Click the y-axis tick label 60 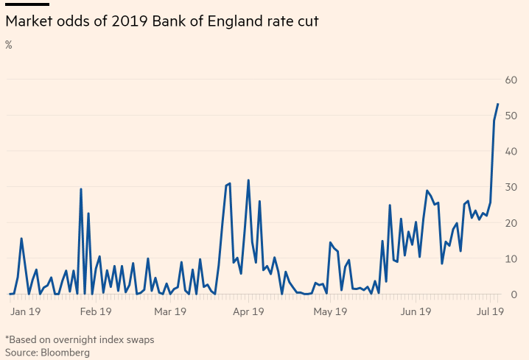tap(511, 80)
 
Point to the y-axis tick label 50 tap(511, 116)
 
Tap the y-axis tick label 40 tap(511, 151)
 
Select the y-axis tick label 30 tap(511, 187)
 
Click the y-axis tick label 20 tap(511, 223)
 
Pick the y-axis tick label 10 tap(511, 258)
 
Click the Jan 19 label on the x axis tap(27, 311)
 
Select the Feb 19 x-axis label tap(95, 311)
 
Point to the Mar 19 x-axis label tap(170, 311)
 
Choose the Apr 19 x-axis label tap(248, 311)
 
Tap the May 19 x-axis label tap(330, 311)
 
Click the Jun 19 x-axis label tap(416, 311)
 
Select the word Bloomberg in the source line tap(65, 353)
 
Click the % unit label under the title tap(9, 45)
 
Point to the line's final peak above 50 tap(498, 104)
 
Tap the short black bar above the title tap(27, 4)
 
